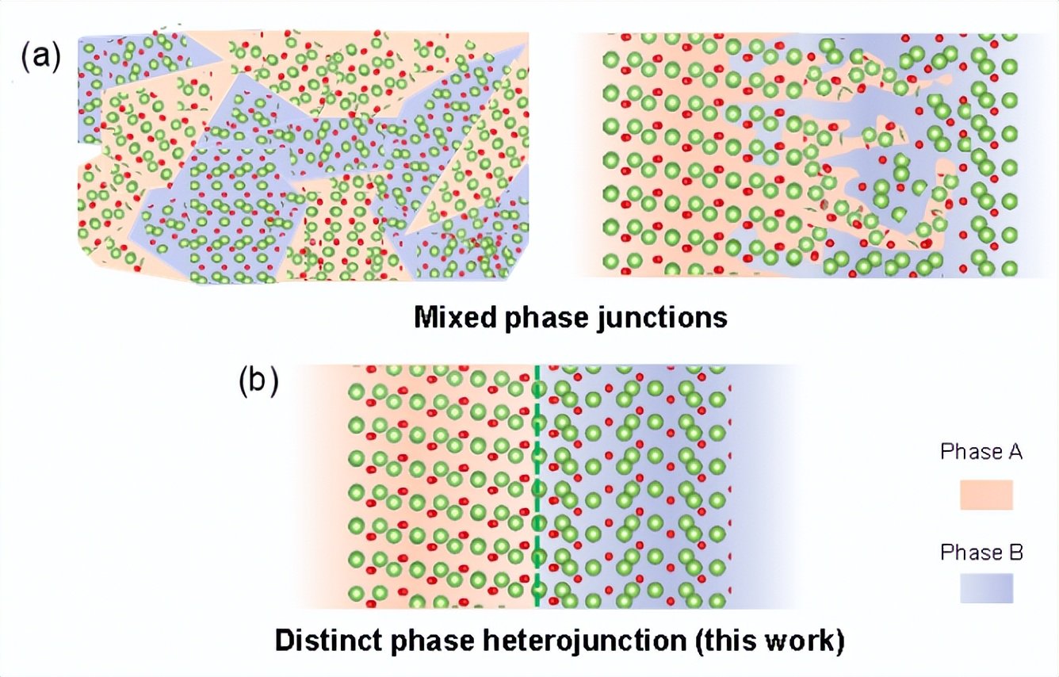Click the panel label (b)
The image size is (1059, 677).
[258, 382]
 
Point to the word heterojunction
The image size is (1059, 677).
[591, 641]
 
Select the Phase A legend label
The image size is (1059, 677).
[981, 452]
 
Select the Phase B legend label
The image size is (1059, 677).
[981, 552]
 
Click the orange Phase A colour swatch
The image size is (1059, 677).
[986, 495]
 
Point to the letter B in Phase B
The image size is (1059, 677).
[1014, 552]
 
